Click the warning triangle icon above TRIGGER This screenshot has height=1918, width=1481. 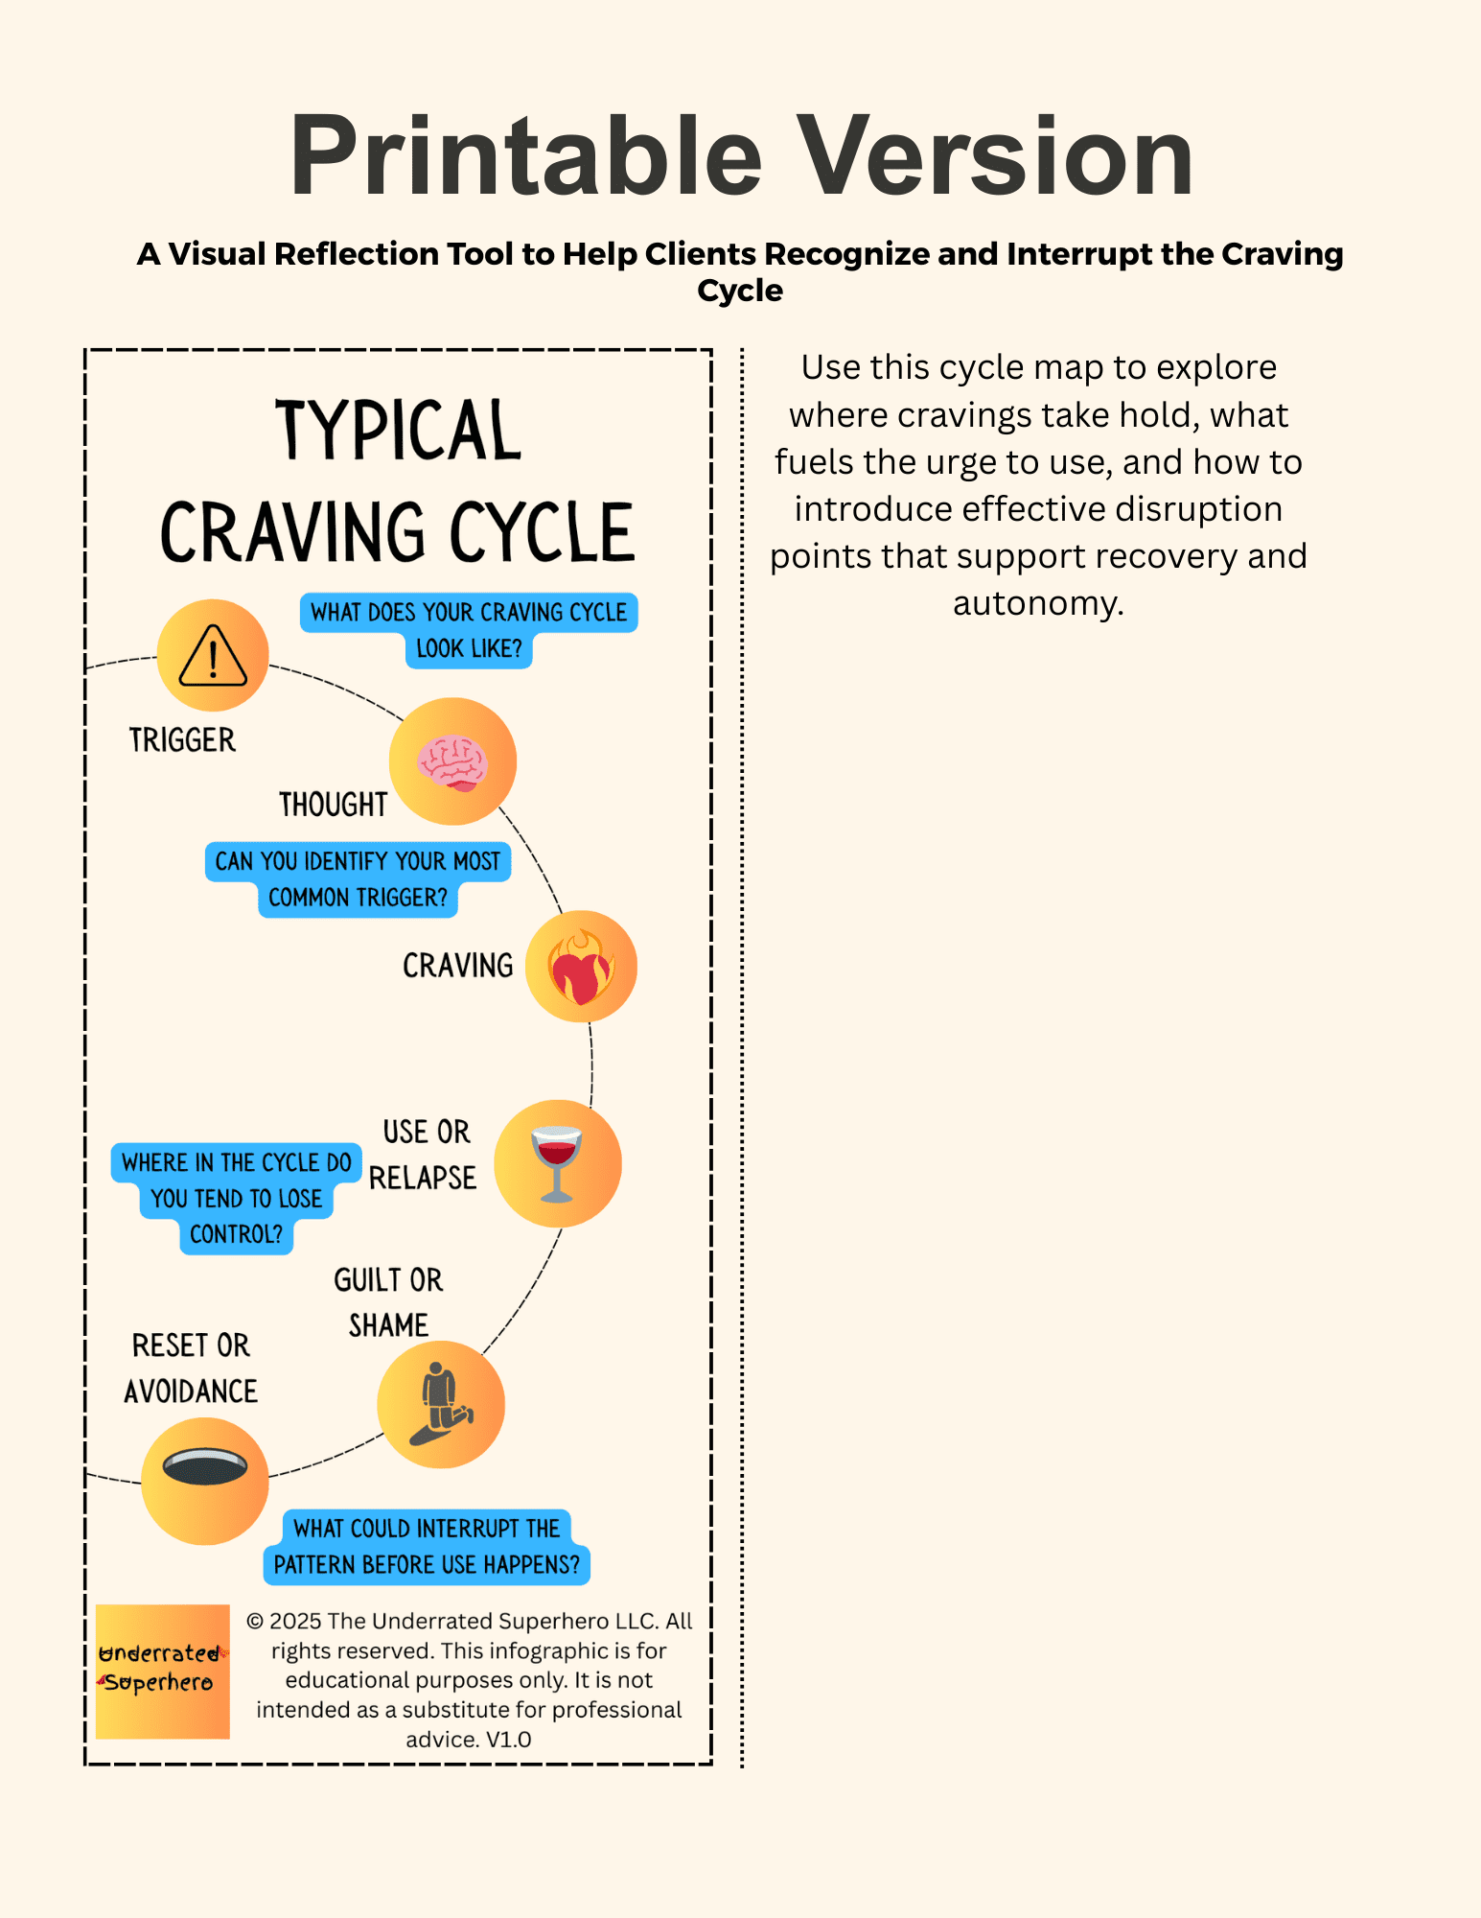pyautogui.click(x=213, y=656)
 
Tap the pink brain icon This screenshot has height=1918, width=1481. pyautogui.click(x=452, y=761)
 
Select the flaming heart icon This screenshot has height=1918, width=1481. pyautogui.click(x=581, y=967)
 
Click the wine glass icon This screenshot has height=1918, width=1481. pyautogui.click(x=557, y=1162)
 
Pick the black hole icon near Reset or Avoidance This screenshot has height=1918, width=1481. pyautogui.click(x=205, y=1466)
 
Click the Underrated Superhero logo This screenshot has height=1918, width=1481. pyautogui.click(x=162, y=1671)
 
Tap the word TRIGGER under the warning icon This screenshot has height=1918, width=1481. pyautogui.click(x=182, y=740)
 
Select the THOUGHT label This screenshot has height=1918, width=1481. pyautogui.click(x=333, y=805)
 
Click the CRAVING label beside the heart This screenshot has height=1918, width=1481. pyautogui.click(x=457, y=966)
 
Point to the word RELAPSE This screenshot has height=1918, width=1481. pyautogui.click(x=423, y=1178)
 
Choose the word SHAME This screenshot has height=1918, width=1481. pyautogui.click(x=388, y=1325)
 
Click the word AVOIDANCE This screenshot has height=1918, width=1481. pyautogui.click(x=191, y=1392)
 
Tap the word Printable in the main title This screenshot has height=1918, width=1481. pyautogui.click(x=525, y=155)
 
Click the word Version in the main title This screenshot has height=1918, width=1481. pyautogui.click(x=996, y=155)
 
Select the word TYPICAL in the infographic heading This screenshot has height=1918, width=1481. pyautogui.click(x=399, y=431)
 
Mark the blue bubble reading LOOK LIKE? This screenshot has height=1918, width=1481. pyautogui.click(x=469, y=649)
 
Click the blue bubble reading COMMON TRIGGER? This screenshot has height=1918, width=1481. pyautogui.click(x=358, y=898)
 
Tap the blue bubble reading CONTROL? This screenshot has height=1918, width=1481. pyautogui.click(x=236, y=1234)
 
